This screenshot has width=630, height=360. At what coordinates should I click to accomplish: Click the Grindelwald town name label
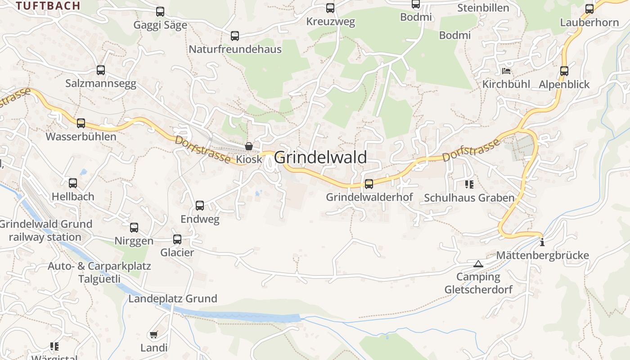point(320,157)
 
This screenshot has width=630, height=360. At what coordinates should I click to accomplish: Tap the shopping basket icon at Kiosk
point(248,146)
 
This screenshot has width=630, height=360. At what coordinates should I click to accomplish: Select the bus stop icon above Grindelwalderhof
point(369,184)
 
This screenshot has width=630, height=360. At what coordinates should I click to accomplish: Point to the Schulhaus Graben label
point(469,198)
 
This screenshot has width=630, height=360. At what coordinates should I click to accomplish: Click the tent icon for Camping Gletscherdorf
point(478,264)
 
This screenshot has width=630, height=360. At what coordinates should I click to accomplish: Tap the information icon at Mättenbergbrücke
point(542,242)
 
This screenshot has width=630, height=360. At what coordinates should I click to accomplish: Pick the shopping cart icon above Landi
point(153,334)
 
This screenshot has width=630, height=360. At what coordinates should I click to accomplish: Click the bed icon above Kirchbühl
point(506,71)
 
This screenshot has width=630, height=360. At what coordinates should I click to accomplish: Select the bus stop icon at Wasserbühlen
point(81,123)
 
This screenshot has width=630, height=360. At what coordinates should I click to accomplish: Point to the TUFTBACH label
point(48,6)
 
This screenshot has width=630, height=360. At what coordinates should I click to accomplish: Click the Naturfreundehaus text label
point(235,49)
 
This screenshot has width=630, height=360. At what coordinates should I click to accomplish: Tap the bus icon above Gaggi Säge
point(160,12)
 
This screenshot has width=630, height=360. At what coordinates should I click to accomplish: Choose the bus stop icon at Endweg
point(200,206)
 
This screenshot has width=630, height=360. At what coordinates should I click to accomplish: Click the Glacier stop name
point(177,252)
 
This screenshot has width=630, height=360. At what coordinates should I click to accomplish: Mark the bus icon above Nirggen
point(134,228)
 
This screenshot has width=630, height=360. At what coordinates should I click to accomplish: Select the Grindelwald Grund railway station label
point(45,230)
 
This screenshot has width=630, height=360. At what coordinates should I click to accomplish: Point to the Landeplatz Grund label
point(173,299)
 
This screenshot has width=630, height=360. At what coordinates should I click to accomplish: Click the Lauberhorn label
point(589,22)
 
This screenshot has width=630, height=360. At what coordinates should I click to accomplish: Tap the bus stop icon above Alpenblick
point(564,71)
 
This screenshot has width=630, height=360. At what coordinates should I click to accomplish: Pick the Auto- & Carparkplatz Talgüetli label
point(99,272)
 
